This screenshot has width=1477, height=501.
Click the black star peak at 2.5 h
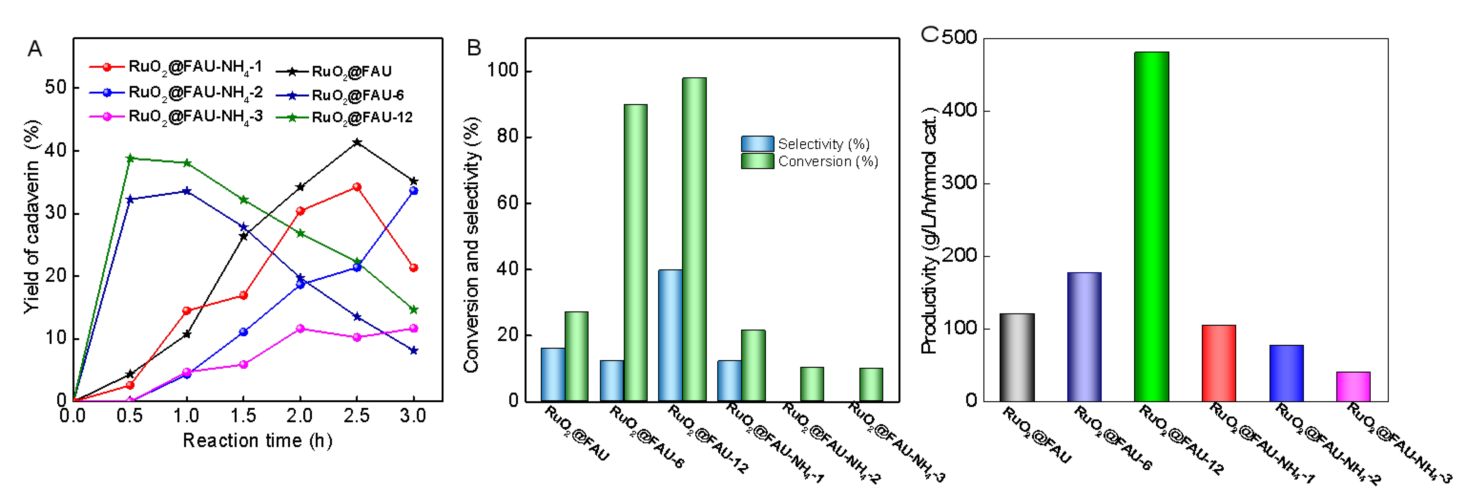tap(357, 142)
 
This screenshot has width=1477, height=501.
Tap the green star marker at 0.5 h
tap(130, 158)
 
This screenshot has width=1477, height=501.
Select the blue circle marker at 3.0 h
tap(414, 191)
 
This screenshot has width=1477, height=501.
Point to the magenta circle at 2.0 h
tap(300, 329)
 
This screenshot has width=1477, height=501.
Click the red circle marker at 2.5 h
tap(357, 187)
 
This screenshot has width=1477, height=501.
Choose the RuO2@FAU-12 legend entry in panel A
tap(344, 118)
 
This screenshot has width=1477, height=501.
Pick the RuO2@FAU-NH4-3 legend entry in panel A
tap(176, 117)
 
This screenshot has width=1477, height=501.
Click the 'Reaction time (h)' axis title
tap(258, 441)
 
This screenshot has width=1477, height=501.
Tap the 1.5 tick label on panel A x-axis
tap(243, 416)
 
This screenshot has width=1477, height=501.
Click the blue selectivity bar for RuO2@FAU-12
tap(670, 335)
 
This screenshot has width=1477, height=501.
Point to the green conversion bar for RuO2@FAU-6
tap(635, 252)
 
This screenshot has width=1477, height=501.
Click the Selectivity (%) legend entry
tap(805, 144)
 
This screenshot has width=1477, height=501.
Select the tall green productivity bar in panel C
tap(1151, 226)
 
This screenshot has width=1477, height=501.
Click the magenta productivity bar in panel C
tap(1353, 386)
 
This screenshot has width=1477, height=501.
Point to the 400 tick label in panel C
tap(960, 110)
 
